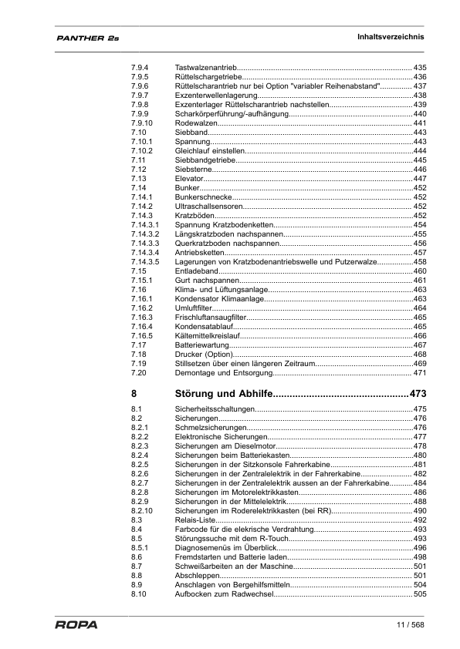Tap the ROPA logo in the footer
(76, 624)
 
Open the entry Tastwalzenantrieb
(205, 69)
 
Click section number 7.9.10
(143, 123)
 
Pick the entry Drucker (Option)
(205, 354)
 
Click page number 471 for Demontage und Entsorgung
(420, 372)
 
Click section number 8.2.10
(143, 510)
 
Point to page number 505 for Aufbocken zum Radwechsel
(420, 594)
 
